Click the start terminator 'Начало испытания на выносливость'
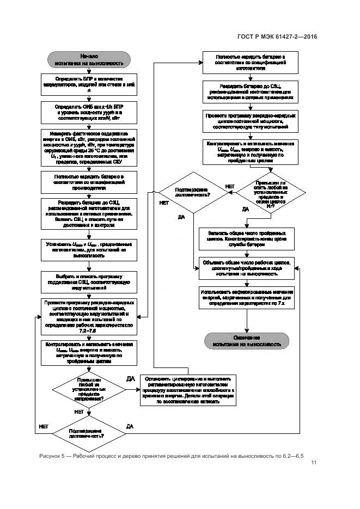tap(89, 59)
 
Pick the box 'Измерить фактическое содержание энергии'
tap(89, 148)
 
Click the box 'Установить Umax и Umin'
tap(89, 248)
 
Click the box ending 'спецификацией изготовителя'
tap(250, 63)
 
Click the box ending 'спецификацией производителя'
tap(89, 182)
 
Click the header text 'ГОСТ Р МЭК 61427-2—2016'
tap(277, 36)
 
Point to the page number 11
tap(314, 463)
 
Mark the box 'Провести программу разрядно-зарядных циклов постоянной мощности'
tap(250, 122)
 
